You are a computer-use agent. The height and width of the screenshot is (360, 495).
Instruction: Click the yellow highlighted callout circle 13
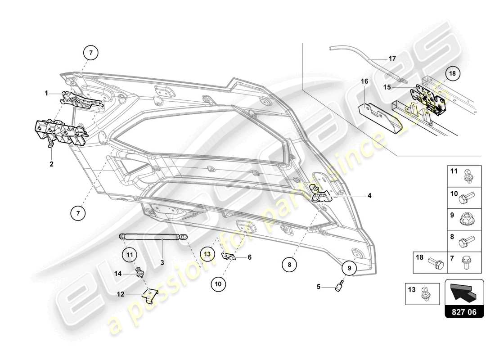[x=207, y=254]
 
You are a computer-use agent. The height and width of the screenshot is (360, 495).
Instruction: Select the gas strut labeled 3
[x=153, y=236]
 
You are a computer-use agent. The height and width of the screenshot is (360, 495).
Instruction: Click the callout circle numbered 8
[x=289, y=265]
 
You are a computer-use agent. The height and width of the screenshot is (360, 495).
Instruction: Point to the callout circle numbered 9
[x=348, y=268]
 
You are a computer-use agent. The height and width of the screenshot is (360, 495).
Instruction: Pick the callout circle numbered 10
[x=218, y=284]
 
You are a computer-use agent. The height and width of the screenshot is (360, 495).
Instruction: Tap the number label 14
[x=118, y=273]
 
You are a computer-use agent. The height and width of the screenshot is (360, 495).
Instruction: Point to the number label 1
[x=46, y=93]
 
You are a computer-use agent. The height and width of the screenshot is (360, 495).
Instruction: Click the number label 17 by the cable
[x=392, y=58]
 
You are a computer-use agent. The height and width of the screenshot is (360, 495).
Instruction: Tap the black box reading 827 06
[x=464, y=311]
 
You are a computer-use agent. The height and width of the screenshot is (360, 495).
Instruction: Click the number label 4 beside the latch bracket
[x=369, y=196]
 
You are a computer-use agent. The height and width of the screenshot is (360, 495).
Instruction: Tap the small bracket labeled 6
[x=229, y=256]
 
